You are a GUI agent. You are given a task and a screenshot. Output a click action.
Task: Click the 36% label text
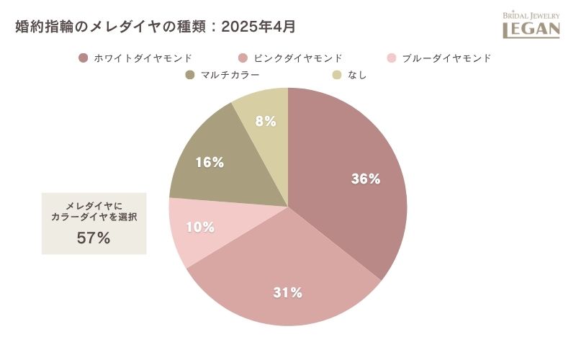365,179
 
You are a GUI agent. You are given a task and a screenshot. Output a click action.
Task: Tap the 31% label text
287,292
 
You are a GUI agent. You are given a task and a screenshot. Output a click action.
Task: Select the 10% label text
200,228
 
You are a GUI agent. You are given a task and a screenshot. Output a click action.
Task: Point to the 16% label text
210,163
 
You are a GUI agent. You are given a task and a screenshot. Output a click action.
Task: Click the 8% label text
266,122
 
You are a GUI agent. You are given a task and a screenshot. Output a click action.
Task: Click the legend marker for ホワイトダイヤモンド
84,58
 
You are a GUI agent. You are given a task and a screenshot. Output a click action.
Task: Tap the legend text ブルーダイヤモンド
446,58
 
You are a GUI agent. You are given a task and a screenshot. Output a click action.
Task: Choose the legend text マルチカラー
230,75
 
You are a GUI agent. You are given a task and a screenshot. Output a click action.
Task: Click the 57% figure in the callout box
94,238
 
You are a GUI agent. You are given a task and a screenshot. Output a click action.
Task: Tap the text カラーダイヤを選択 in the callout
94,217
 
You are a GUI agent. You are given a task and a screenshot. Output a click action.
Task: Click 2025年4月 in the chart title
258,27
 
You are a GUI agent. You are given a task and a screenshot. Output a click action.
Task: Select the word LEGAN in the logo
531,30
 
